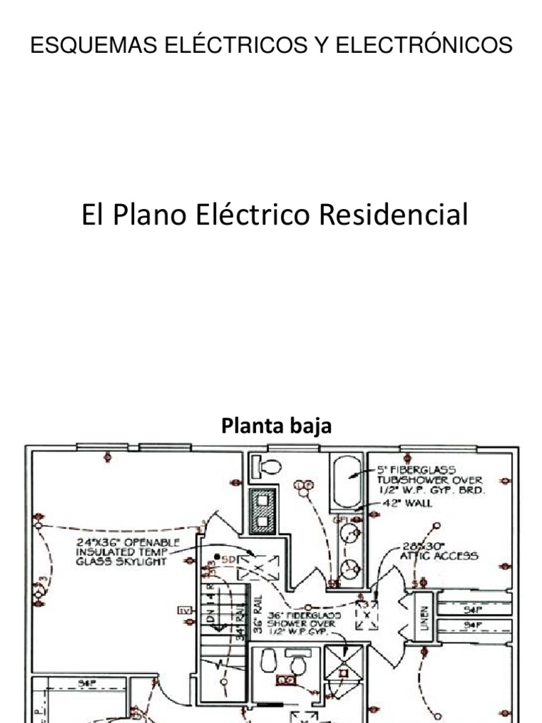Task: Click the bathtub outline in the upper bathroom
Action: pyautogui.click(x=347, y=482)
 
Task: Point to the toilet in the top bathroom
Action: pyautogui.click(x=268, y=466)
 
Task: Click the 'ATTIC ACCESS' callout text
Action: pyautogui.click(x=439, y=556)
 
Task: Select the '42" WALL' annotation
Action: pyautogui.click(x=407, y=503)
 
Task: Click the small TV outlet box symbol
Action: pyautogui.click(x=185, y=611)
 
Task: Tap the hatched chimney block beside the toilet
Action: pyautogui.click(x=263, y=511)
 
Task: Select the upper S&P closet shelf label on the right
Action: pyautogui.click(x=471, y=608)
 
